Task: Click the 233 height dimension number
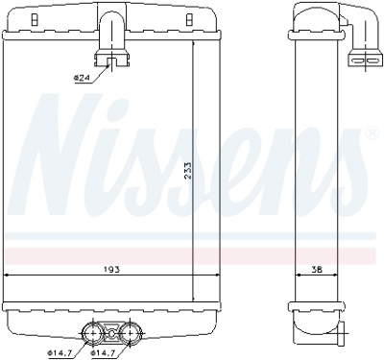(x=188, y=170)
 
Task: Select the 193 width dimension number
(x=111, y=270)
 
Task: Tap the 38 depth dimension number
(x=317, y=270)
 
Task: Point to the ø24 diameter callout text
(x=82, y=78)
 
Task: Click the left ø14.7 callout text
(x=60, y=353)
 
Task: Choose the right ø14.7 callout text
(x=104, y=353)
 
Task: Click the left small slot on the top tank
(x=33, y=20)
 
